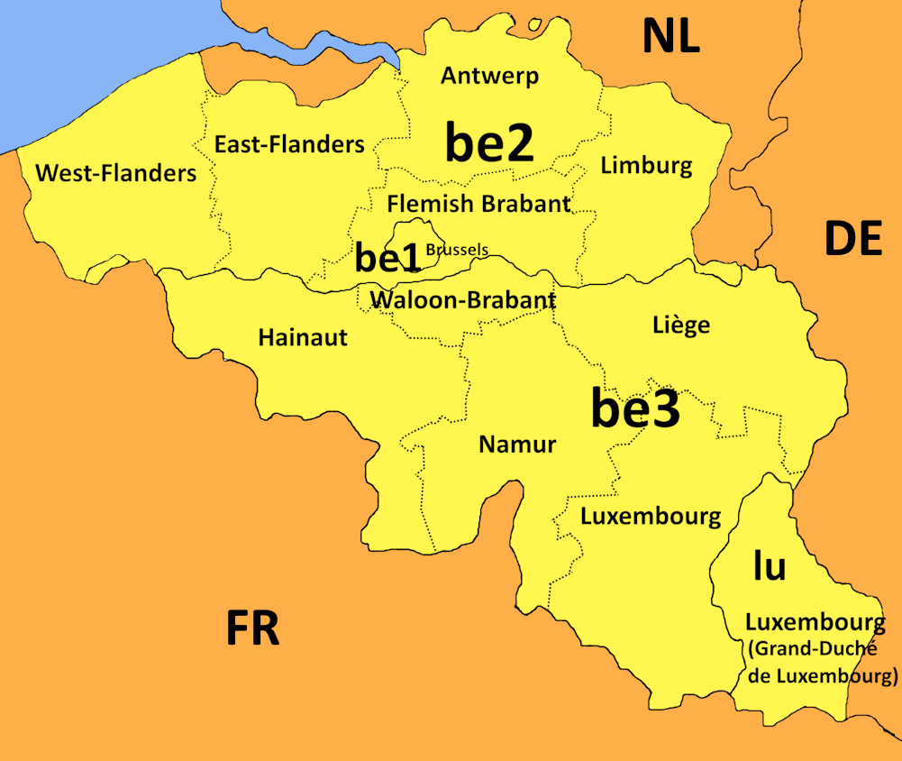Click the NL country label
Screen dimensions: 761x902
670,37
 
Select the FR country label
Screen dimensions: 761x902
252,628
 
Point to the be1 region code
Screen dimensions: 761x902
387,258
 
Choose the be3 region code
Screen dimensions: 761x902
634,408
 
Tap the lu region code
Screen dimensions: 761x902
769,566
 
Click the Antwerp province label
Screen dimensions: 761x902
489,76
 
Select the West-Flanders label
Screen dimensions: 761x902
115,172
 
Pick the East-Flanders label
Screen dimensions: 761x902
289,144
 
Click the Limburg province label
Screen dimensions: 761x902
646,165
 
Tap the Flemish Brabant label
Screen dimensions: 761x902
478,204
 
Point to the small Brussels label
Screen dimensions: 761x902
457,250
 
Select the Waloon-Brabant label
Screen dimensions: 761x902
462,299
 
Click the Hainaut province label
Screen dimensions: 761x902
303,337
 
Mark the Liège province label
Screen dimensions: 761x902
680,325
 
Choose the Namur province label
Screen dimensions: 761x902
517,444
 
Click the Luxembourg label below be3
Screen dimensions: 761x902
650,517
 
